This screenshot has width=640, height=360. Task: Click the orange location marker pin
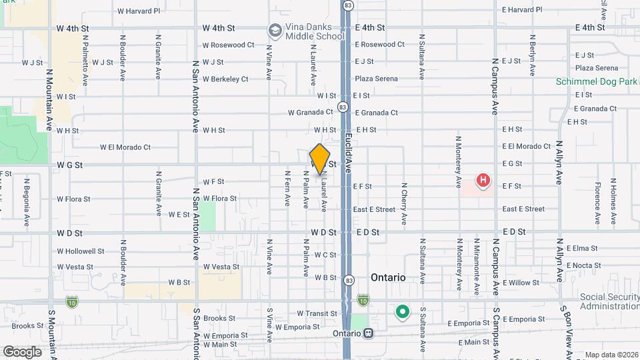(320, 159)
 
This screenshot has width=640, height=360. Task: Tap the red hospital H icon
(483, 180)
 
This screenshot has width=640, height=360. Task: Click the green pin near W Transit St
(402, 311)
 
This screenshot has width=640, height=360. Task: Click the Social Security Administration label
(609, 301)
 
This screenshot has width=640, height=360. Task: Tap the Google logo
(22, 351)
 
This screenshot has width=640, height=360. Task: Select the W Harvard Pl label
(139, 11)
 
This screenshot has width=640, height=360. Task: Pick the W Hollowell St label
(81, 251)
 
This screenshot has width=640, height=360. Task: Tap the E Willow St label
(521, 283)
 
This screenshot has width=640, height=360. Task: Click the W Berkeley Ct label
(225, 79)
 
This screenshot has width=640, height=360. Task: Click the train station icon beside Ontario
(368, 334)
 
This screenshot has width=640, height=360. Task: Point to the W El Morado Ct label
(125, 147)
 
